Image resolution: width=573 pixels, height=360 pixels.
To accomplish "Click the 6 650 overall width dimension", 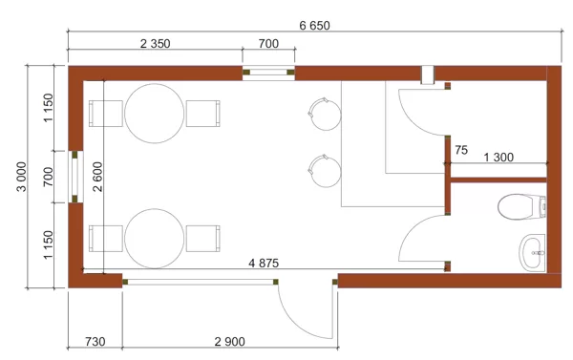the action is click(x=314, y=26).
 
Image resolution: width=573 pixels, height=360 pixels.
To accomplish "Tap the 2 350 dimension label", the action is click(x=156, y=44).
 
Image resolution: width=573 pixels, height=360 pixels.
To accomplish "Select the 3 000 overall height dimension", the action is click(x=22, y=177).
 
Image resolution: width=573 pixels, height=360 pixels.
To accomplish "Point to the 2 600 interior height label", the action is click(x=98, y=177).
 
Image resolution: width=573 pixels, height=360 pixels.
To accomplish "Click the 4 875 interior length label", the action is click(x=264, y=264).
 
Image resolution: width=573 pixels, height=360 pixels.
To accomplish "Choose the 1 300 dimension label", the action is click(x=499, y=158).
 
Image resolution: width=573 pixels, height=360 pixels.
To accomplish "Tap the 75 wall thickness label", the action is click(x=461, y=150).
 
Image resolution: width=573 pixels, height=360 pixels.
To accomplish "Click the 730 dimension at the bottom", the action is click(x=95, y=342).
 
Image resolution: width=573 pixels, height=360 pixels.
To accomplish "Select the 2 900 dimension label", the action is click(x=229, y=342).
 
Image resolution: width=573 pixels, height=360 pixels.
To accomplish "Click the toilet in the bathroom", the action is click(x=521, y=206).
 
